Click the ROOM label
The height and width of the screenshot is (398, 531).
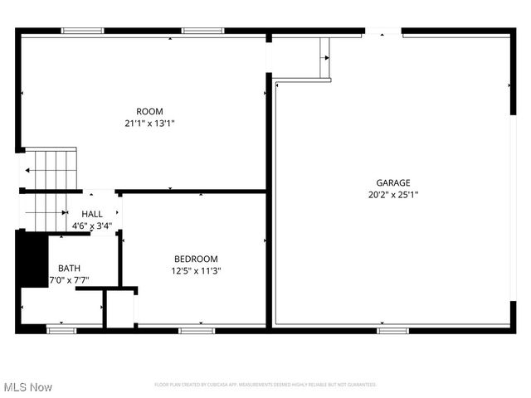[x=149, y=111]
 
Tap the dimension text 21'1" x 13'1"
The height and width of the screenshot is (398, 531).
[x=149, y=123]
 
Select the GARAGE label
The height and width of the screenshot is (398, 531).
[x=393, y=182]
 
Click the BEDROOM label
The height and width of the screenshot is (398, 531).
[x=196, y=259]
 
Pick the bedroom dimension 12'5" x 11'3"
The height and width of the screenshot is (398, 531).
[x=196, y=270]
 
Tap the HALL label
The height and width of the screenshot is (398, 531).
[x=92, y=214]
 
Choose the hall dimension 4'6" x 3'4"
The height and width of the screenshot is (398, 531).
[x=92, y=225]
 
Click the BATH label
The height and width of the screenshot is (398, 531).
[x=69, y=268]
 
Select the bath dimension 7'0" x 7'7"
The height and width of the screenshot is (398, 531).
[x=69, y=279]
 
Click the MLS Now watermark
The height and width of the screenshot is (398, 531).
[x=28, y=387]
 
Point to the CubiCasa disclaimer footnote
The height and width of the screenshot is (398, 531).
[x=265, y=385]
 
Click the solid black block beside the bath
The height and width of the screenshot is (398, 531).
[x=32, y=259]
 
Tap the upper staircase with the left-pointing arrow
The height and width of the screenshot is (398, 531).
[x=51, y=169]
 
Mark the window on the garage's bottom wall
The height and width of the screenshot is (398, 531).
[x=392, y=331]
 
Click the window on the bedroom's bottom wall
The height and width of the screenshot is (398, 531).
[x=197, y=331]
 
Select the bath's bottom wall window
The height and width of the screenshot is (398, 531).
[x=61, y=331]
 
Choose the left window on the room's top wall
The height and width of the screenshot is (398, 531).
[x=83, y=31]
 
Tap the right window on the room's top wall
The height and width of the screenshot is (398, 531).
[x=203, y=31]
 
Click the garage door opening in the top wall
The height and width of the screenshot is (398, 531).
[x=383, y=32]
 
